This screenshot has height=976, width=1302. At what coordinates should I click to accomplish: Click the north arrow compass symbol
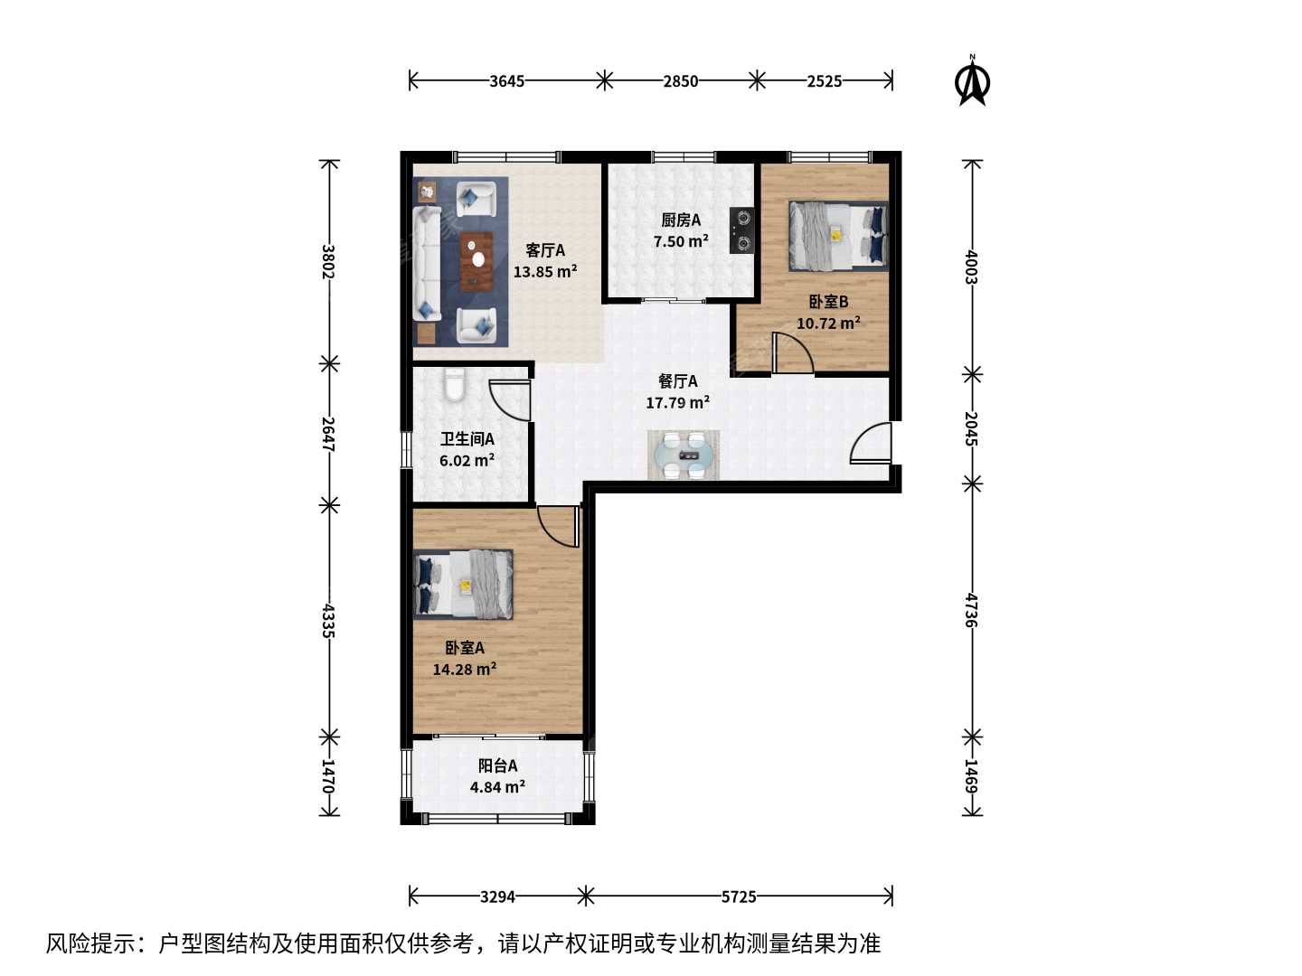click(972, 81)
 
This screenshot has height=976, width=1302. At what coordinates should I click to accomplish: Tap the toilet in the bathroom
click(455, 385)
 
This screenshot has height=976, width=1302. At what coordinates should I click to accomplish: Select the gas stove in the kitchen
click(741, 230)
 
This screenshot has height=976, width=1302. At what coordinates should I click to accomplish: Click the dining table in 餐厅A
click(684, 455)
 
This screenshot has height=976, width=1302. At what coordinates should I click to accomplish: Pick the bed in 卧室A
click(463, 585)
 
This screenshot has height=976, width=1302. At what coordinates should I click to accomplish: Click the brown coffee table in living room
click(476, 261)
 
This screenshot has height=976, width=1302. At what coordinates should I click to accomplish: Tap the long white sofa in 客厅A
click(427, 264)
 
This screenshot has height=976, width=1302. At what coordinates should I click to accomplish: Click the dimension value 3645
click(506, 81)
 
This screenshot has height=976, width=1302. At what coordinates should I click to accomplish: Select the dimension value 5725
click(739, 897)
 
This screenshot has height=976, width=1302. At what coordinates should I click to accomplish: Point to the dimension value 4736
click(971, 610)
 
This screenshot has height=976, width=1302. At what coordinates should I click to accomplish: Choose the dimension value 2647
click(328, 435)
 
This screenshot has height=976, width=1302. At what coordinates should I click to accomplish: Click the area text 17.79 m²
click(677, 403)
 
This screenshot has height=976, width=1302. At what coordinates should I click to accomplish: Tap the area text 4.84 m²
click(497, 787)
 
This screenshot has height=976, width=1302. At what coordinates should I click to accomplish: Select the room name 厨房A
click(681, 221)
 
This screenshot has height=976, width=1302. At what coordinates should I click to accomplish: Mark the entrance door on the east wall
click(871, 443)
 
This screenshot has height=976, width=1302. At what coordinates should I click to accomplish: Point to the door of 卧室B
click(792, 353)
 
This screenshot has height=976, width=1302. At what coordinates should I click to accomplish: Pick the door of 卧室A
click(558, 526)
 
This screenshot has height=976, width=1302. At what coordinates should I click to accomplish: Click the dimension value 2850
click(680, 81)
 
